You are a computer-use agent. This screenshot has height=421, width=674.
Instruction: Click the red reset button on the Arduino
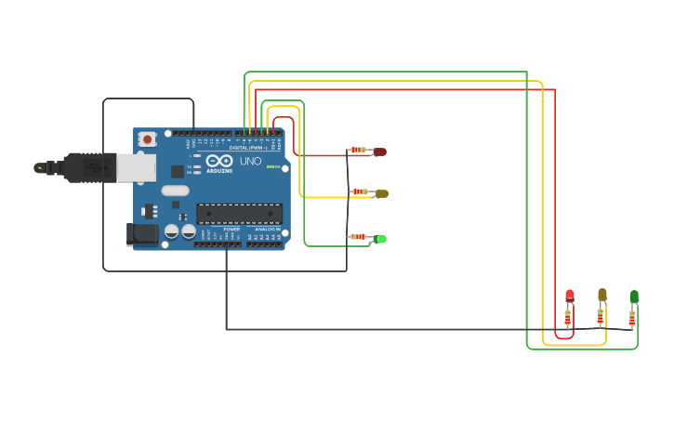147,138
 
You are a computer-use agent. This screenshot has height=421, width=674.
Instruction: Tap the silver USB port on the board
136,167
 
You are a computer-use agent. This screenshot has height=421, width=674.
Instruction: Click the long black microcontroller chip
239,213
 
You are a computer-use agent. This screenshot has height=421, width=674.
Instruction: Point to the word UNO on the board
251,162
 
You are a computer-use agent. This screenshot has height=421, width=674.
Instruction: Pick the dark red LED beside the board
379,151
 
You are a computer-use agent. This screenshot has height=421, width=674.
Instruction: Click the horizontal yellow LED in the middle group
381,193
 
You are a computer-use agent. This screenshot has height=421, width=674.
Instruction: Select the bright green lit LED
380,239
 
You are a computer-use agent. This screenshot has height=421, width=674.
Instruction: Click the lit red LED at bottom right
570,296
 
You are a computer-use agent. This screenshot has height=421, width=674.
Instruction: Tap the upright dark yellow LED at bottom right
602,295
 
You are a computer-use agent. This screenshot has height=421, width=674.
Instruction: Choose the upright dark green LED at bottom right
634,296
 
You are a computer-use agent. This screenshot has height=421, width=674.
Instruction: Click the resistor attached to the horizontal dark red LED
358,150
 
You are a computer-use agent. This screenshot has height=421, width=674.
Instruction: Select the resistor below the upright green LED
632,318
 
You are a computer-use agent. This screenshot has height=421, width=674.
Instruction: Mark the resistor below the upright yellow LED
601,316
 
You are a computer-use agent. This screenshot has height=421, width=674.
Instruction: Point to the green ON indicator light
271,166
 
